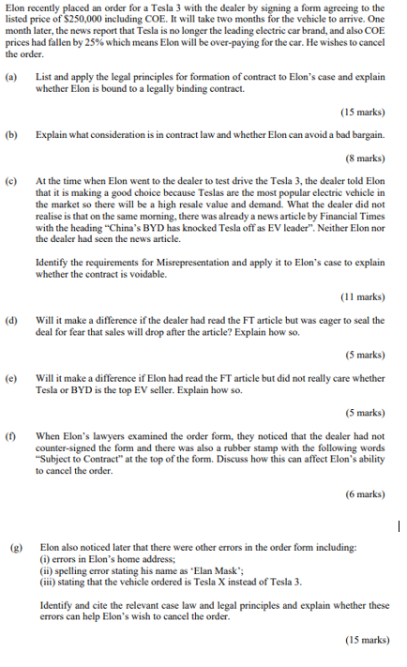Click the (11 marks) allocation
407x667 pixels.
pyautogui.click(x=363, y=296)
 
